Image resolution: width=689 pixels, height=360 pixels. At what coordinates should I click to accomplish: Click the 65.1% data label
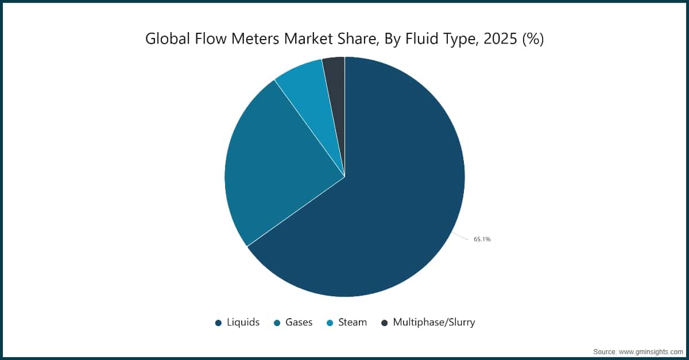click(482, 239)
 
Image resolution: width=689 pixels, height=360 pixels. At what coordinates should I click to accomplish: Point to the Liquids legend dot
click(218, 323)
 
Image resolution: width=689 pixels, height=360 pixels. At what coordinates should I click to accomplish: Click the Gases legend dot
click(277, 323)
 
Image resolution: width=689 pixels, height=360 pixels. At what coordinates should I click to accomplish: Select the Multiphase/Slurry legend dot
click(385, 323)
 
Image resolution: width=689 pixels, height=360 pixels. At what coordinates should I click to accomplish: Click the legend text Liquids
click(242, 323)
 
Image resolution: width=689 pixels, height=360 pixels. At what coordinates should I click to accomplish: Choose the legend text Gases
click(299, 323)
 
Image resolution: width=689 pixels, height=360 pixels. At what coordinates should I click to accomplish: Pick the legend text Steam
click(353, 323)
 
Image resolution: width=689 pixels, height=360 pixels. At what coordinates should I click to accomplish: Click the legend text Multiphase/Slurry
click(434, 323)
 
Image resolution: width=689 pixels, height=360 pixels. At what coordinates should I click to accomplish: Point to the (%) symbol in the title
click(532, 39)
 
